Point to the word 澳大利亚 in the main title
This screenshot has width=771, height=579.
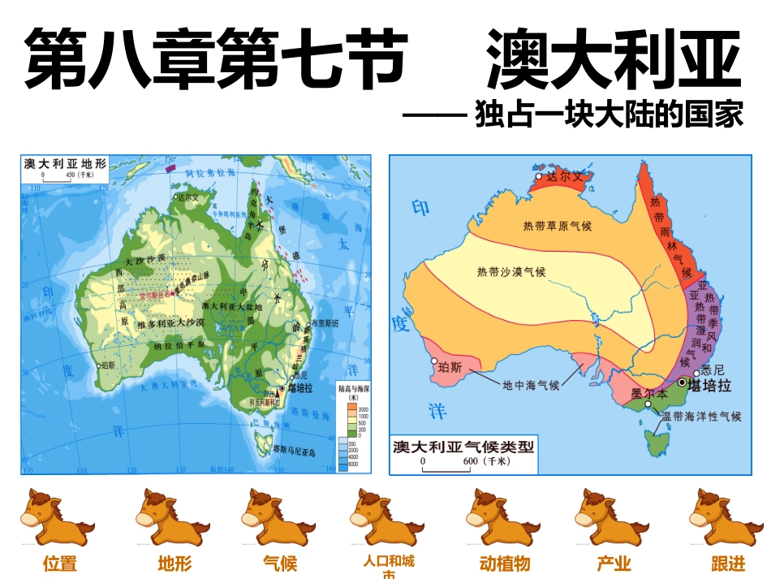(x=614, y=62)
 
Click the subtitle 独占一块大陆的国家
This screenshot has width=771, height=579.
(x=609, y=115)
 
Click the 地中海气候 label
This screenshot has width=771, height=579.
(x=531, y=385)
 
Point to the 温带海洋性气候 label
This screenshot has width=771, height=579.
(x=701, y=417)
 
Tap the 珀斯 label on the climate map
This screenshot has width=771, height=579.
(x=449, y=367)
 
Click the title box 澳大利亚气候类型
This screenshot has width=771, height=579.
(x=463, y=447)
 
